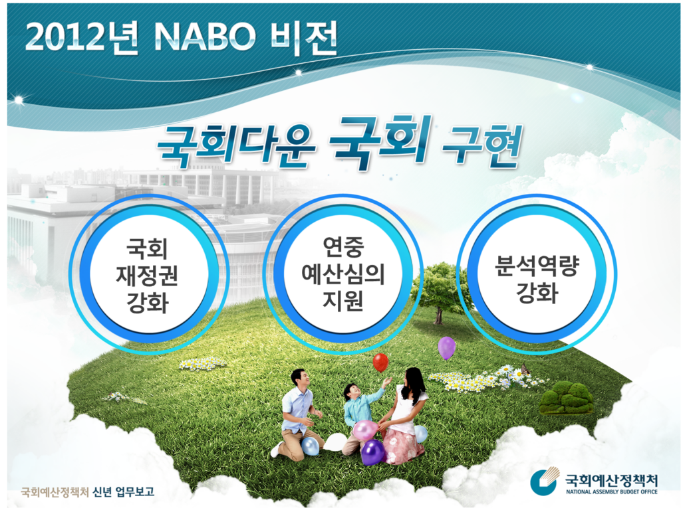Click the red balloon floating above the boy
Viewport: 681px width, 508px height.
coord(380,362)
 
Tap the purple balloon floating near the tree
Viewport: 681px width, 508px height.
coord(446,347)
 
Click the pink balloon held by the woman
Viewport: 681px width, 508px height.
coord(365,430)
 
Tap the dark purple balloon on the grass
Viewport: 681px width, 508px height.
coord(372,452)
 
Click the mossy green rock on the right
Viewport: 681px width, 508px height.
coord(566,397)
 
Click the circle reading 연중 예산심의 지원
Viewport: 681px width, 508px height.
coord(342,274)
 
